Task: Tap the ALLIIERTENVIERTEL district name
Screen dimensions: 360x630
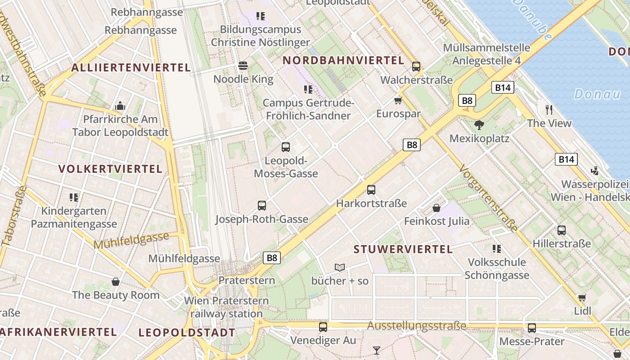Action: point(131,68)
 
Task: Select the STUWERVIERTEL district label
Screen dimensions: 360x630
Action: point(403,249)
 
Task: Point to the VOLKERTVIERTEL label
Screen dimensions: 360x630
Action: point(110,169)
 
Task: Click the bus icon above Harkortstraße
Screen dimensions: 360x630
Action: point(371,190)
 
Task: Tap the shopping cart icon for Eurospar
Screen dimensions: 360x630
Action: point(398,100)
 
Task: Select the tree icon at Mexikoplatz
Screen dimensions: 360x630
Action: point(479,125)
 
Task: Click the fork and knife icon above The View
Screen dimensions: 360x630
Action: point(549,109)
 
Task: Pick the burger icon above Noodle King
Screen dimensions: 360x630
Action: point(243,66)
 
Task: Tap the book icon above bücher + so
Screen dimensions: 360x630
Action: point(340,268)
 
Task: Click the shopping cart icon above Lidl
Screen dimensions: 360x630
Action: point(582,297)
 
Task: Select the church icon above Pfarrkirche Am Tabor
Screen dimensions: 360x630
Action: point(120,106)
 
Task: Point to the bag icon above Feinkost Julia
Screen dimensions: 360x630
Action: point(436,208)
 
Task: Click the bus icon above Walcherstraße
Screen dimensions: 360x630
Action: point(416,67)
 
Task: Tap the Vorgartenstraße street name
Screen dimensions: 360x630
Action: point(488,198)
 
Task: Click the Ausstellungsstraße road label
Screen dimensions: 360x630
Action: point(416,326)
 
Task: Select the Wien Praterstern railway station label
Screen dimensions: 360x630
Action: point(226,307)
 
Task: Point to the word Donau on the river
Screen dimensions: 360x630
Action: point(597,94)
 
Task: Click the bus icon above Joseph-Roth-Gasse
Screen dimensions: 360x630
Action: point(262,206)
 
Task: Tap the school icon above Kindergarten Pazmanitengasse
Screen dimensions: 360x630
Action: point(74,197)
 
